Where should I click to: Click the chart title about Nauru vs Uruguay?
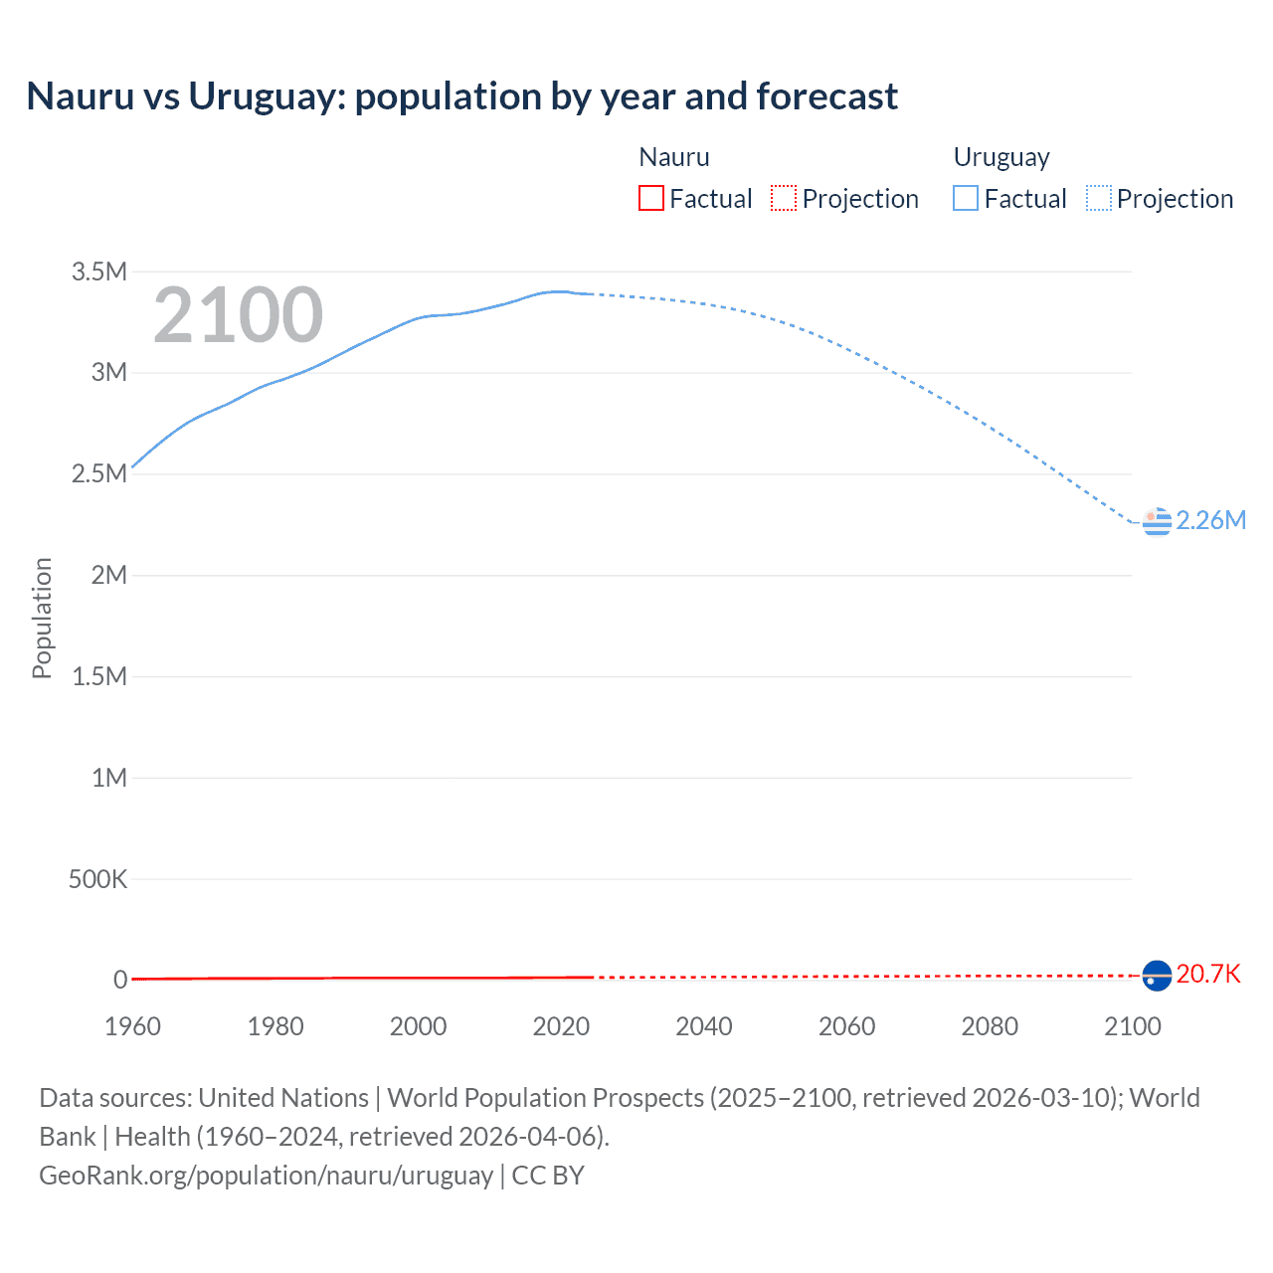[461, 96]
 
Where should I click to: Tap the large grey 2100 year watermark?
[238, 315]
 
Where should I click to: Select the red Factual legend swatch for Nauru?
[650, 198]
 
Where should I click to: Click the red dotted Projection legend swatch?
[784, 198]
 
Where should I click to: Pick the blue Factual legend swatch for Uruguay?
[965, 198]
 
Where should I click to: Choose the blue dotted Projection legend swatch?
[1099, 198]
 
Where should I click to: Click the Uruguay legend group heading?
[1000, 157]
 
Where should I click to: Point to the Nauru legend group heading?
[673, 157]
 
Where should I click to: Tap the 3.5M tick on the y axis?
[98, 272]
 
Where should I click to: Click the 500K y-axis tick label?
[97, 879]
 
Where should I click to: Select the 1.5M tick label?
[98, 676]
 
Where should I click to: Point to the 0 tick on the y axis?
[119, 980]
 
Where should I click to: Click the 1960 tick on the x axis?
[132, 1026]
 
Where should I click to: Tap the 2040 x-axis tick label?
[703, 1026]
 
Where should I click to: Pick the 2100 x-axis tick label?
[1132, 1026]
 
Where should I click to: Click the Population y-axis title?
[42, 618]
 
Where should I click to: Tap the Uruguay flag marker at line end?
[1157, 521]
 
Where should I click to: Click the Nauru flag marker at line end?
[1157, 976]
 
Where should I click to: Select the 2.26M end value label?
[1210, 520]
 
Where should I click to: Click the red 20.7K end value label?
[1207, 974]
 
